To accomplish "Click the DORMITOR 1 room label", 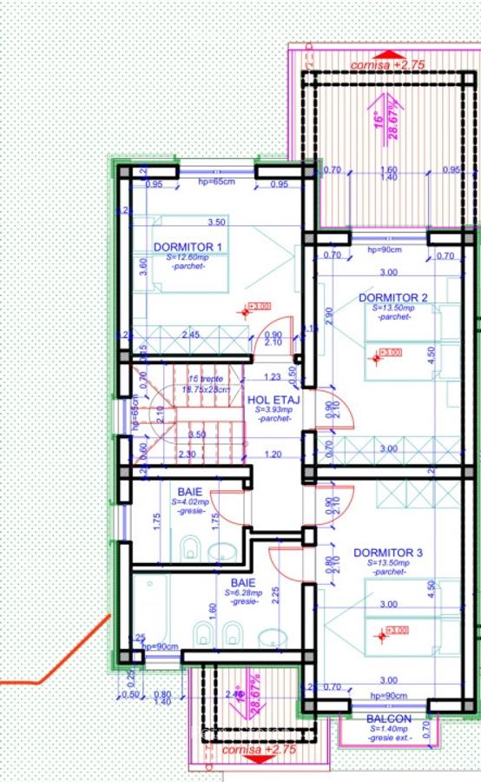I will point(188,247).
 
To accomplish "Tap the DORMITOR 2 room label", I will point(393,298).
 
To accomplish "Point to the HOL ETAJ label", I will point(273,400).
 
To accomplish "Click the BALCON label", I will point(389,719).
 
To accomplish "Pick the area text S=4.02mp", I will point(191,502).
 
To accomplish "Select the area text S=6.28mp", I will point(243,593).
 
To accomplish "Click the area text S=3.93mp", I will point(274,410).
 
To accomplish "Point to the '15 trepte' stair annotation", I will point(206,379).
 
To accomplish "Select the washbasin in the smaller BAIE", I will point(224,551).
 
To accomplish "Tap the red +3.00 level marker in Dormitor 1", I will point(260,306).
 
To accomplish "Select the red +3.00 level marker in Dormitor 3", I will point(396,630).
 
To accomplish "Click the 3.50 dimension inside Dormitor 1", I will point(216,222).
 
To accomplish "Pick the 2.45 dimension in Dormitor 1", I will point(191,335).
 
